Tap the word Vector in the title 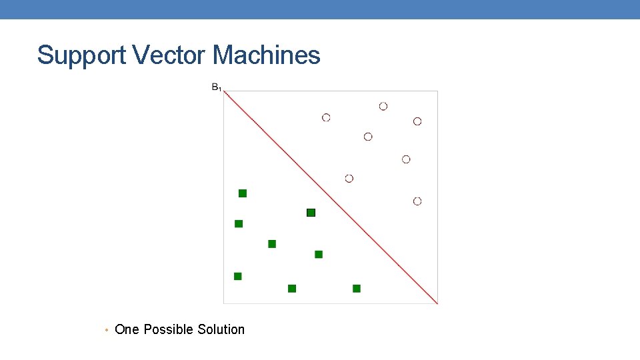coord(170,55)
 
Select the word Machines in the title coord(267,55)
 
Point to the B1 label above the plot coord(216,87)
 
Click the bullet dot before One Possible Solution coord(107,330)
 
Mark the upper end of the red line coord(225,92)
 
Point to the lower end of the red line coord(437,303)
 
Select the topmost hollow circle coord(383,106)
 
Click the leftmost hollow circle coord(326,117)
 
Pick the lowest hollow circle coord(417,201)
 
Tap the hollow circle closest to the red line coord(349,178)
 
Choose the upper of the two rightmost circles coord(417,121)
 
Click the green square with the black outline coord(311,213)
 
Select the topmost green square coord(243,193)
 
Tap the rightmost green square coord(357,289)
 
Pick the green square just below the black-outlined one coord(319,254)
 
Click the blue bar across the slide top coord(320,9)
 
